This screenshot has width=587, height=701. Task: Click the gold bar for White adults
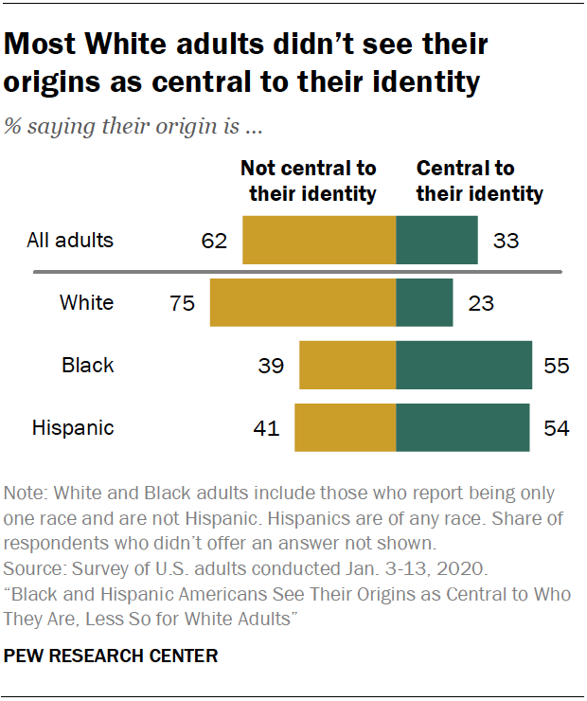302,303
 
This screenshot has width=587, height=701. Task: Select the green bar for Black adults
464,366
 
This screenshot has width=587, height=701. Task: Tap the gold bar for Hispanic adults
345,428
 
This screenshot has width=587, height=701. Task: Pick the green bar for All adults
436,240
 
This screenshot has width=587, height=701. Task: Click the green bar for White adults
424,303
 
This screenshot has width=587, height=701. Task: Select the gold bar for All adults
319,240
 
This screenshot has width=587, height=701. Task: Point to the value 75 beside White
181,304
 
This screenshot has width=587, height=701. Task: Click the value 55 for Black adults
557,367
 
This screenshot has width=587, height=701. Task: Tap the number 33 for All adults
506,241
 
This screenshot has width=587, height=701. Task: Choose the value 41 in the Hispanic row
266,429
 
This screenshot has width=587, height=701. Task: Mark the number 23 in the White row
481,304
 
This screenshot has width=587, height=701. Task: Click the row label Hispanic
73,428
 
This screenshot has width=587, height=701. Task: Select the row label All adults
70,241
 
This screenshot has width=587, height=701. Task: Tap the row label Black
87,366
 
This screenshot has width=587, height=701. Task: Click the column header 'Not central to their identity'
310,181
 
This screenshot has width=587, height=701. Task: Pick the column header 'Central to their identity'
480,181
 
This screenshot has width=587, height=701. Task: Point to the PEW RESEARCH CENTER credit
111,656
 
